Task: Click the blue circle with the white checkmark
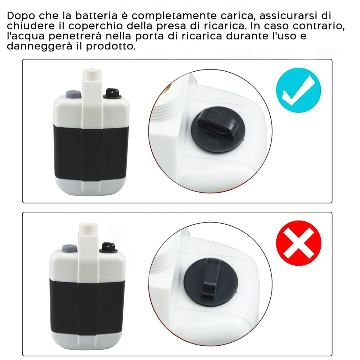(x=298, y=90)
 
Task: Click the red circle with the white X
(x=298, y=243)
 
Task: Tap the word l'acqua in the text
(x=25, y=37)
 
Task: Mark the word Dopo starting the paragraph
(x=20, y=16)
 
